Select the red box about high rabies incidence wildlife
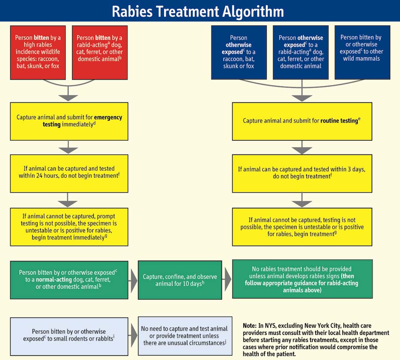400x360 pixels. (x=38, y=52)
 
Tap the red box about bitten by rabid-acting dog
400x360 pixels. (x=100, y=52)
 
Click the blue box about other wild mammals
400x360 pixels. (x=362, y=52)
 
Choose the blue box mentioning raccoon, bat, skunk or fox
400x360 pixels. (x=238, y=52)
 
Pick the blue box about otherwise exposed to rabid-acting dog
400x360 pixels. (x=300, y=52)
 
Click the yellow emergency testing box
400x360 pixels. (x=69, y=121)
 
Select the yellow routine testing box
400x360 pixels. (x=302, y=121)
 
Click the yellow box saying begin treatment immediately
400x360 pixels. (x=69, y=227)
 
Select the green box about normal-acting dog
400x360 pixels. (x=69, y=280)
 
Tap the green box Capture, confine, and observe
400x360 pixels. (x=180, y=280)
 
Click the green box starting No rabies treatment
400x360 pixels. (x=302, y=279)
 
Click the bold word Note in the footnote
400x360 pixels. (x=251, y=326)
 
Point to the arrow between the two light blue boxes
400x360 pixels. (x=133, y=335)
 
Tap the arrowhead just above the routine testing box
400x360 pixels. (x=302, y=98)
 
